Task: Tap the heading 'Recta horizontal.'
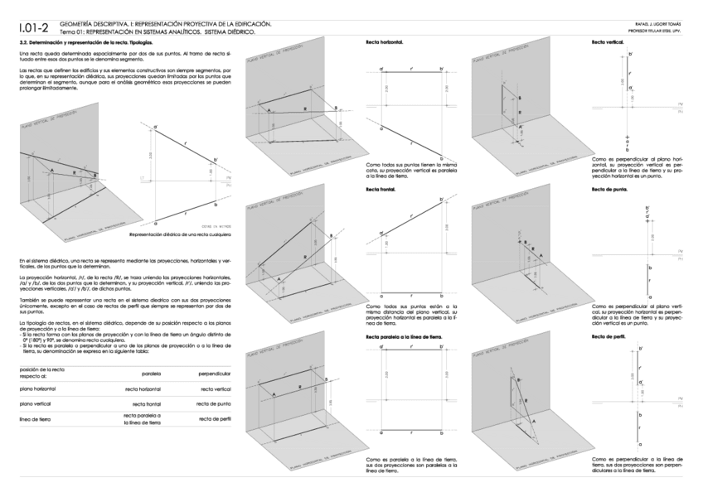click(x=384, y=41)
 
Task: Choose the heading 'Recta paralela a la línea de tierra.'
click(x=406, y=337)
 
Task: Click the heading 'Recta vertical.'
click(x=608, y=41)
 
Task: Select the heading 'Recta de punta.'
click(x=609, y=190)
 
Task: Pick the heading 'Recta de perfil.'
click(x=608, y=337)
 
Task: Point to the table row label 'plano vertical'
click(x=37, y=403)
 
